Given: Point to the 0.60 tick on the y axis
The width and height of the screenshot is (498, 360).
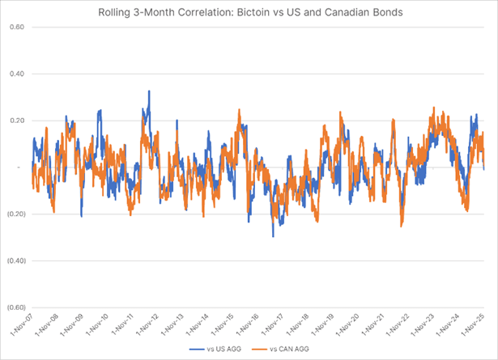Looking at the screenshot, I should tap(17, 27).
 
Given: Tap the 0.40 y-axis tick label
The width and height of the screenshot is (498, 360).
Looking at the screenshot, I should tap(17, 74).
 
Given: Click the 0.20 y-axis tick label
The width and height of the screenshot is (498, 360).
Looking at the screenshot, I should tap(17, 121).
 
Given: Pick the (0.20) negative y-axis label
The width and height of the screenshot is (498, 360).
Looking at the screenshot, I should tap(15, 214).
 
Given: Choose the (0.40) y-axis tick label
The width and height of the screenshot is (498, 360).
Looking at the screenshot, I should tap(15, 261).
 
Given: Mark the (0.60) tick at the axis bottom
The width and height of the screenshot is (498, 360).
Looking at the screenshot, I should tap(15, 308).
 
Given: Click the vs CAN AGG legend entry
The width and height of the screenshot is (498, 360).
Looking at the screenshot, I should tap(283, 349).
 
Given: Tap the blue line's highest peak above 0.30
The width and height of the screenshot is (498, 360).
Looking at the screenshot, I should tap(149, 91).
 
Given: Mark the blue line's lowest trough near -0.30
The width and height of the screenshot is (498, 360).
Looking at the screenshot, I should tap(273, 235).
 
